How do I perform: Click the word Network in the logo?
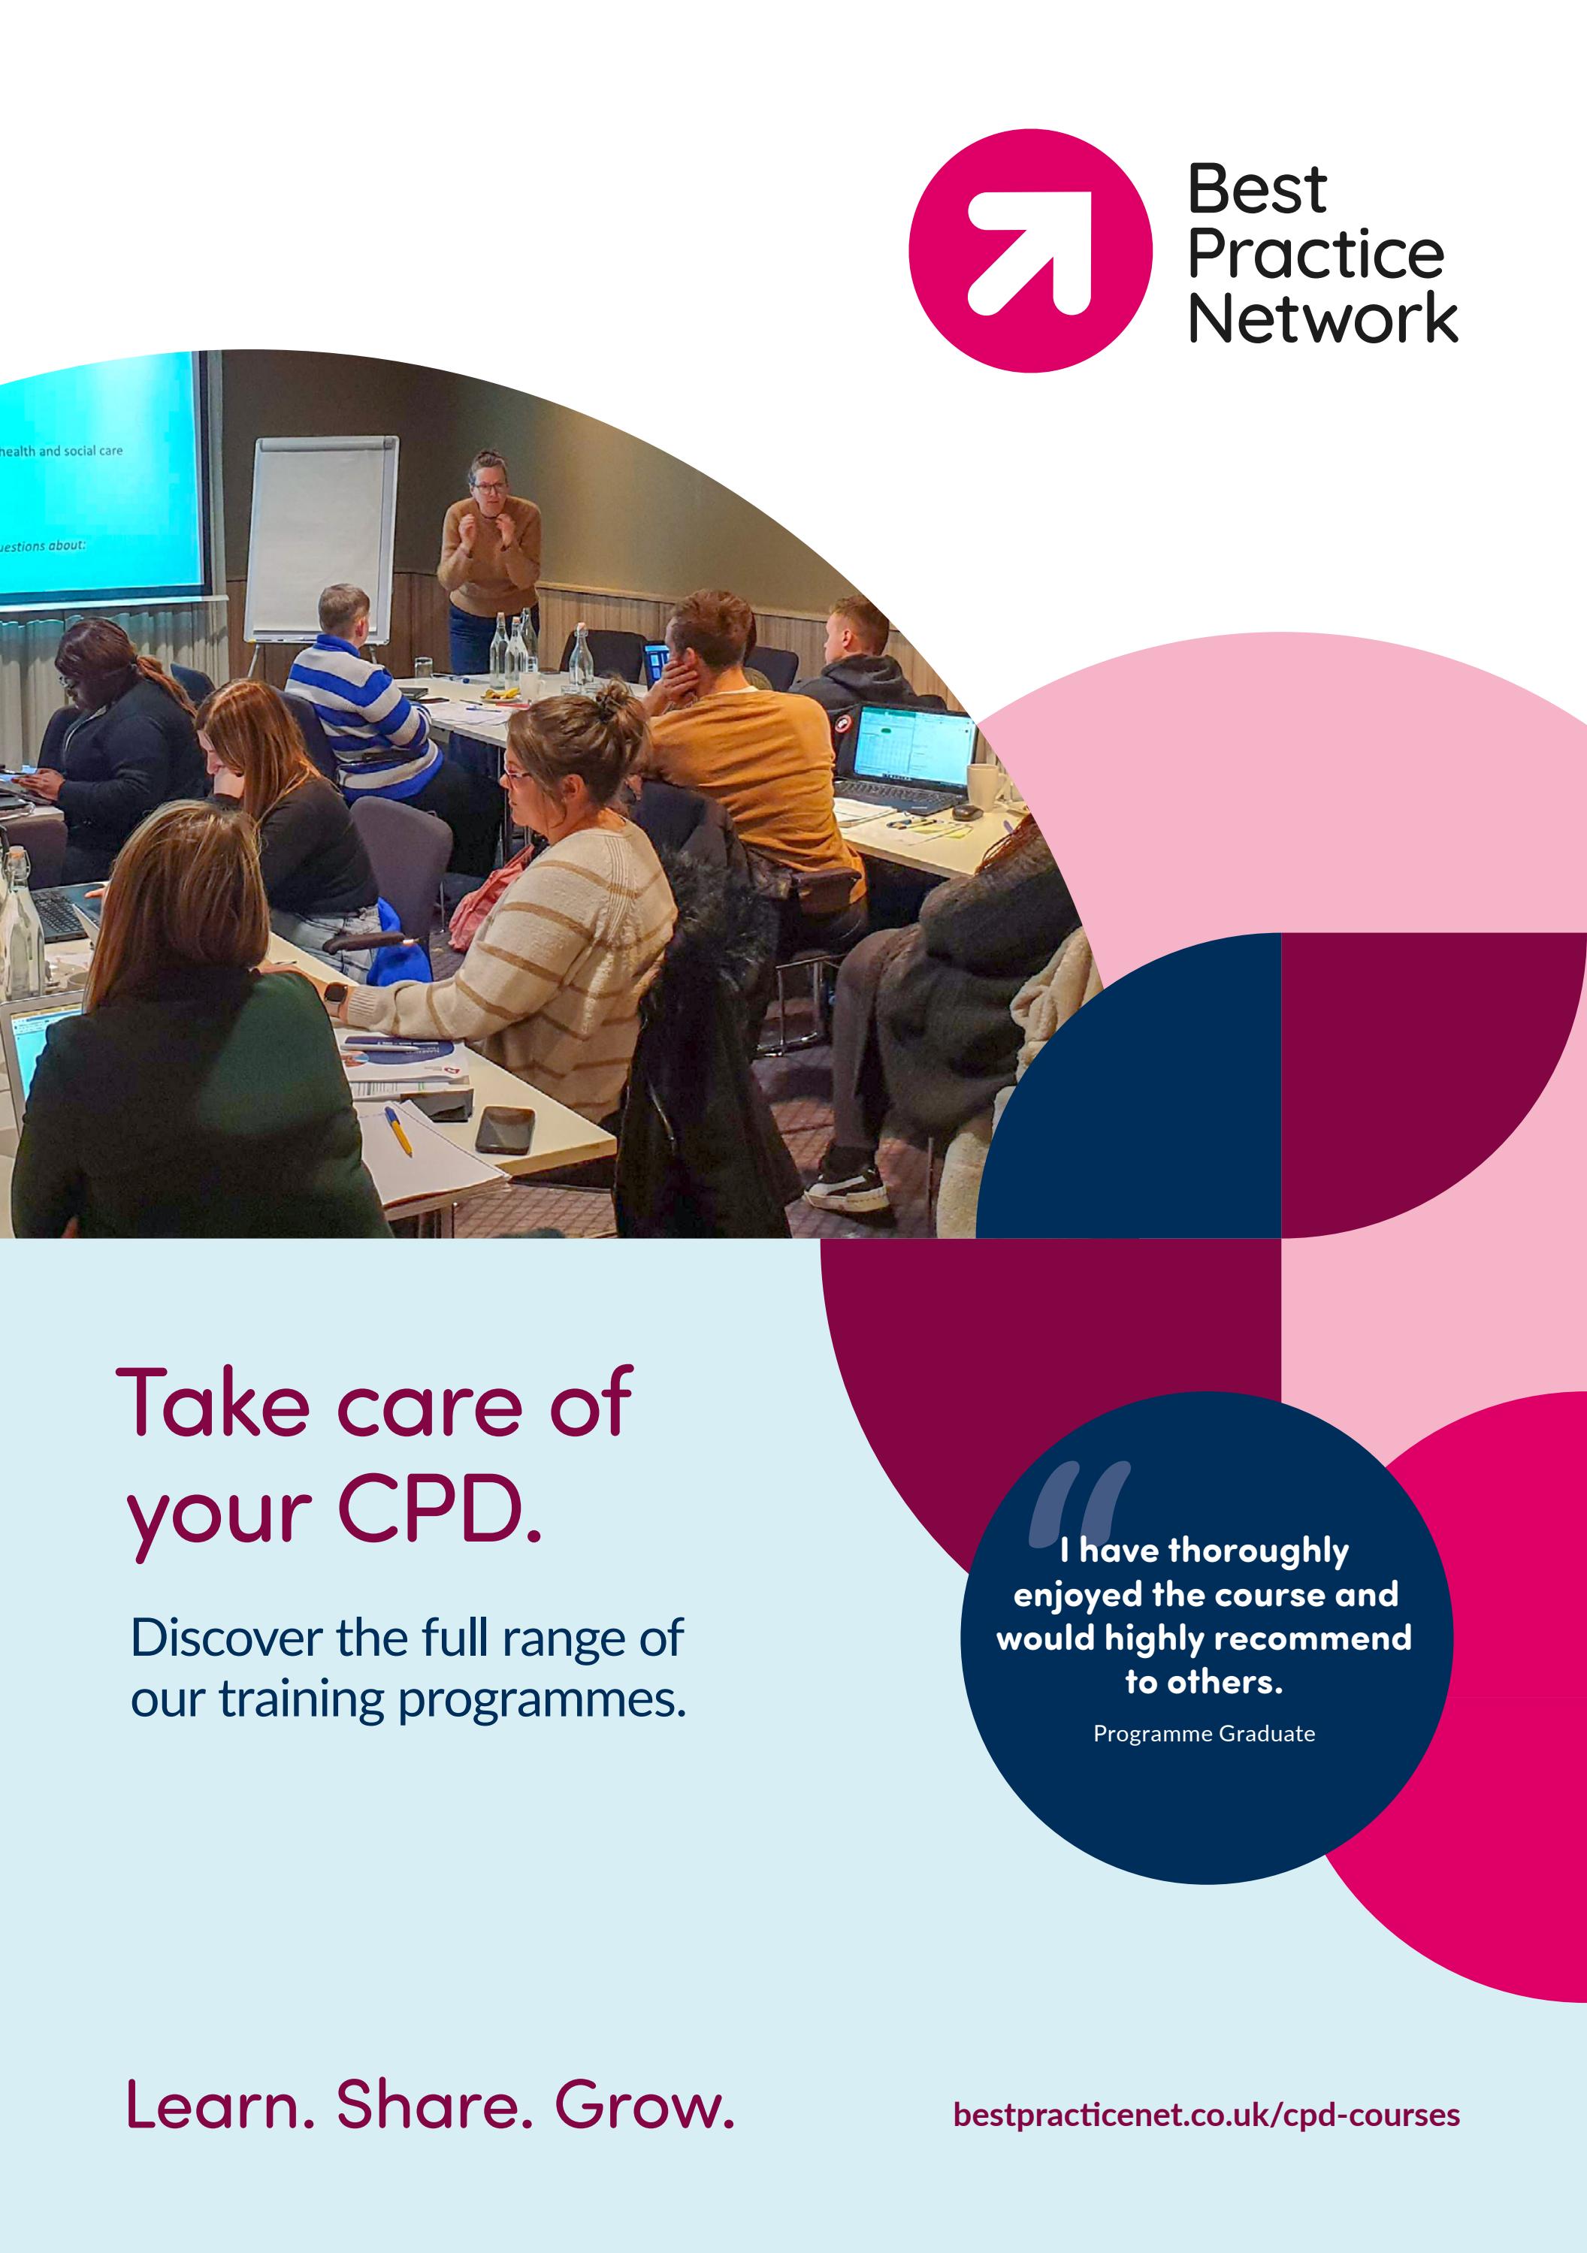click(1322, 319)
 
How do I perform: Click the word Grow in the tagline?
click(644, 2105)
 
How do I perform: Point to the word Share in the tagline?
click(434, 2105)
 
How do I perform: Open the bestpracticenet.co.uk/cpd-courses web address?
click(1205, 2114)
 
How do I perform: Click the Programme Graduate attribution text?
click(1203, 1734)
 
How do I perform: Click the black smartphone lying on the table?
click(504, 1129)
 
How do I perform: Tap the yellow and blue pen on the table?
click(398, 1128)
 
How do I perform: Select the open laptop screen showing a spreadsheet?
click(913, 746)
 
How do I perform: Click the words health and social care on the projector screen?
click(61, 452)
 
